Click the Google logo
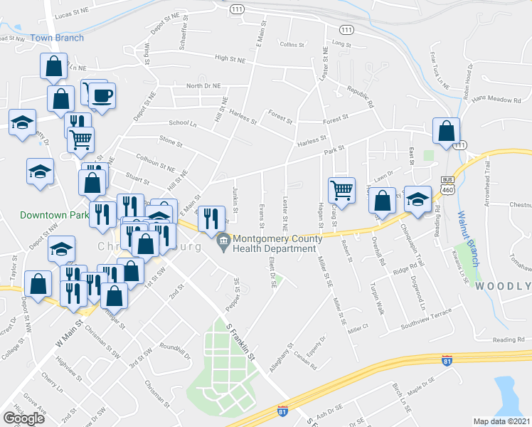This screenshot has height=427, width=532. click(24, 418)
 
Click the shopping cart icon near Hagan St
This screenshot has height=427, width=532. click(341, 190)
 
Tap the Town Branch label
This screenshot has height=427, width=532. click(57, 38)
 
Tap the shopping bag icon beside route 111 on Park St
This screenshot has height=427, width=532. click(445, 131)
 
